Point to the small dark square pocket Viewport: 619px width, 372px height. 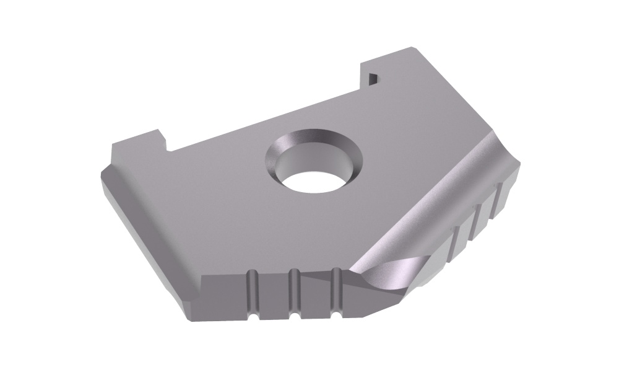coord(373,77)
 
